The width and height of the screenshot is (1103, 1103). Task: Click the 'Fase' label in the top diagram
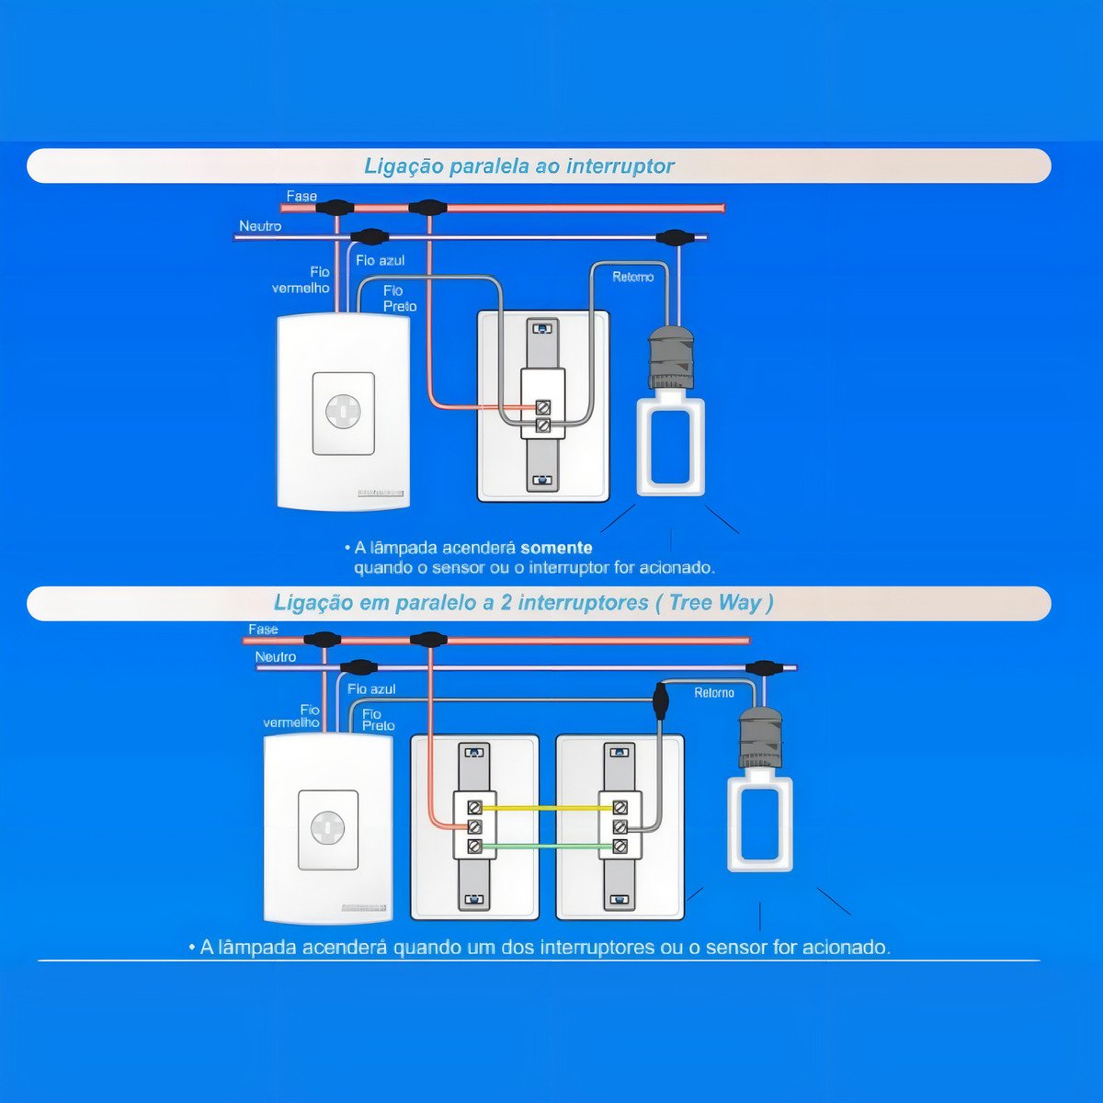(301, 196)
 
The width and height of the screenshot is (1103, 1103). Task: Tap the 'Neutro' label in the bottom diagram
(276, 656)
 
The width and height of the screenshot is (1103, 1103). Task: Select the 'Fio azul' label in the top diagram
(380, 260)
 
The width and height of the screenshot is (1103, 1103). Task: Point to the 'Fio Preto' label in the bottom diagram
(379, 720)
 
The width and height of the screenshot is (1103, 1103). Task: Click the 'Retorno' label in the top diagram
(632, 277)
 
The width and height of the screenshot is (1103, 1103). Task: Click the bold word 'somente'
(556, 548)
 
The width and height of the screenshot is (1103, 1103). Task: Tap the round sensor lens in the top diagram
(343, 410)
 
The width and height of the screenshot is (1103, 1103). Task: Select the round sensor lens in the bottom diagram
(328, 827)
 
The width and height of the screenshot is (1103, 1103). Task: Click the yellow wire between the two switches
(547, 808)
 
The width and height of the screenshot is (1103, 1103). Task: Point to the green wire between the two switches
(547, 846)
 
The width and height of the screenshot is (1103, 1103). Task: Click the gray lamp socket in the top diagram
(670, 358)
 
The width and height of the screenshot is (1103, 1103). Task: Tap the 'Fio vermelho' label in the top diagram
(301, 280)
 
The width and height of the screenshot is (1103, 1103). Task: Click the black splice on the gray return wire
(660, 701)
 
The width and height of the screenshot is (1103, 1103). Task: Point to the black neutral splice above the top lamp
(675, 236)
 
